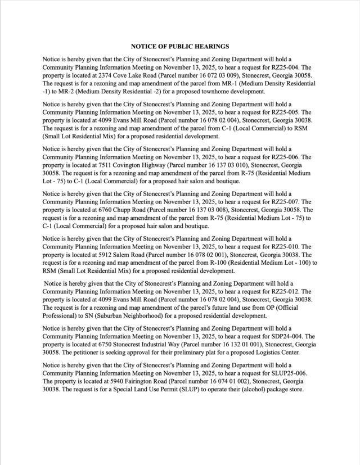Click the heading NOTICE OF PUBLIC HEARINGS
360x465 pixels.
tap(180, 46)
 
